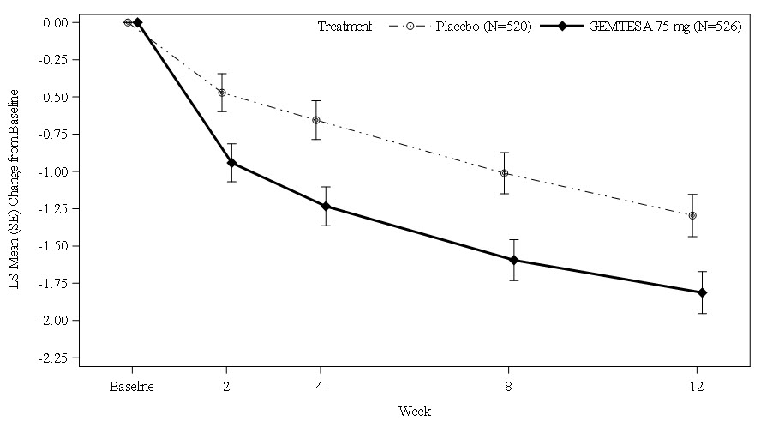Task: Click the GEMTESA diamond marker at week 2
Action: pyautogui.click(x=231, y=163)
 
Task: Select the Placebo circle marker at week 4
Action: pyautogui.click(x=316, y=120)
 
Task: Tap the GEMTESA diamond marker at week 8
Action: pyautogui.click(x=514, y=260)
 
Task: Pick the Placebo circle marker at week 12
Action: pyautogui.click(x=692, y=215)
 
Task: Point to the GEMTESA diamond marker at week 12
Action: pyautogui.click(x=702, y=292)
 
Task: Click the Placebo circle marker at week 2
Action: pyautogui.click(x=222, y=93)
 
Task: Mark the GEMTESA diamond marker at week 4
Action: pyautogui.click(x=326, y=206)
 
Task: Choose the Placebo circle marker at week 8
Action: pyautogui.click(x=505, y=173)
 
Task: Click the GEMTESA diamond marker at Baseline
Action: pyautogui.click(x=137, y=22)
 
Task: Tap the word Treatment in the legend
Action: pyautogui.click(x=345, y=27)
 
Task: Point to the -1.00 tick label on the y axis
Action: pyautogui.click(x=56, y=171)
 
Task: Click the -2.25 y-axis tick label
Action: pyautogui.click(x=56, y=358)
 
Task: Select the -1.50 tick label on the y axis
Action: pyautogui.click(x=56, y=246)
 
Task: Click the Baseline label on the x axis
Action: pyautogui.click(x=132, y=386)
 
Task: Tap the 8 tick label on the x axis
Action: pyautogui.click(x=509, y=386)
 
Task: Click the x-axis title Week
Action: pyautogui.click(x=415, y=412)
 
